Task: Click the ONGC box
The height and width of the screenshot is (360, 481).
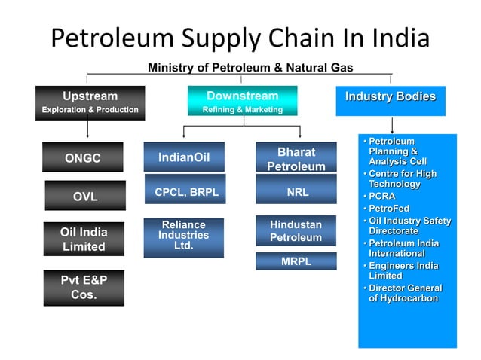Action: click(83, 158)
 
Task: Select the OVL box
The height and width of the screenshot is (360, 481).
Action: click(84, 197)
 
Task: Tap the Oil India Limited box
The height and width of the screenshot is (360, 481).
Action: click(83, 239)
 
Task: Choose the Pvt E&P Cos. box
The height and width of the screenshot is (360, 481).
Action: click(83, 288)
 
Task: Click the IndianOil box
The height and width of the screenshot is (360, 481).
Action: click(184, 157)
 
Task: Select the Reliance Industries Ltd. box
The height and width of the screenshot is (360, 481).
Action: click(183, 236)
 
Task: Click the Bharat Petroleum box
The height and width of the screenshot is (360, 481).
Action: click(296, 159)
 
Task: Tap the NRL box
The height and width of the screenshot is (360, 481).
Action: click(296, 193)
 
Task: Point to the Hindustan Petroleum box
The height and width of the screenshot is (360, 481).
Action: click(296, 231)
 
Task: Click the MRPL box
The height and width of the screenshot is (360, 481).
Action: click(296, 261)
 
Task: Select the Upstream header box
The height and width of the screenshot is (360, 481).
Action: click(90, 102)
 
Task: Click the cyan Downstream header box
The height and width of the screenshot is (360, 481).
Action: click(242, 102)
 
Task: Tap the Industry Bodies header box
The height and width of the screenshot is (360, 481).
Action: click(390, 101)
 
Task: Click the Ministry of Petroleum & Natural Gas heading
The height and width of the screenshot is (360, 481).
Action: click(250, 68)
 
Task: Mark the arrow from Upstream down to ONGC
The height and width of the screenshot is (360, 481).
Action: click(89, 128)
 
